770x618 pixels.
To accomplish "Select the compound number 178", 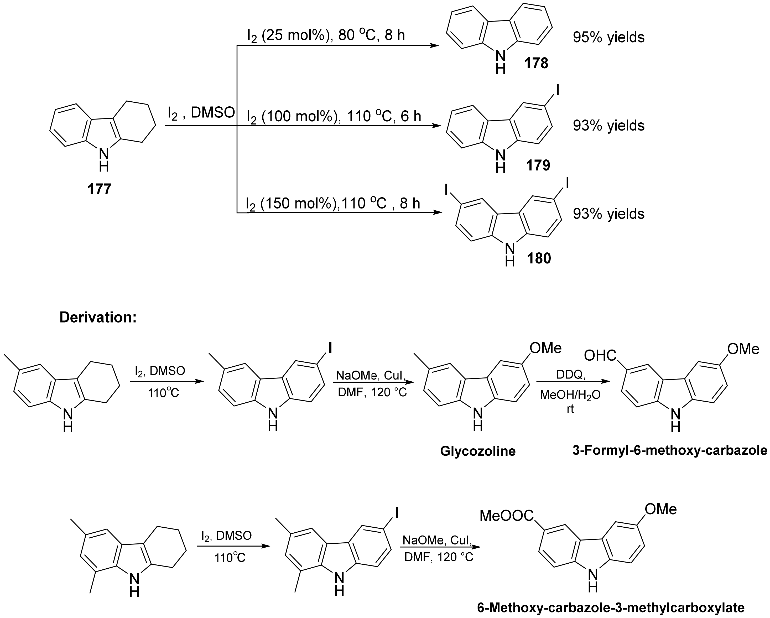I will (x=536, y=64).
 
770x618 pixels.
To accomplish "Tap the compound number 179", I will (x=538, y=165).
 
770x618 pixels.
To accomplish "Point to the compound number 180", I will (x=539, y=258).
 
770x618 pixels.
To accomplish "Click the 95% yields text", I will (x=608, y=37).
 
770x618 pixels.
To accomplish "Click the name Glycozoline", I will (x=478, y=451).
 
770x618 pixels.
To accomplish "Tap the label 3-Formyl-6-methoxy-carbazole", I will (x=670, y=450).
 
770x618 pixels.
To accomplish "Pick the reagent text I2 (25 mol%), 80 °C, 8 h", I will (x=326, y=36).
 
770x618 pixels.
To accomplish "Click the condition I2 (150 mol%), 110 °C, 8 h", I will (x=333, y=203).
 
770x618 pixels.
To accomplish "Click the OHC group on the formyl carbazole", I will (x=600, y=355).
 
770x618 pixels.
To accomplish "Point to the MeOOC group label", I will (x=506, y=516).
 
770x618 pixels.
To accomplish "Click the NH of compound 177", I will (x=103, y=159).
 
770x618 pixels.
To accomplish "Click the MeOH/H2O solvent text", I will (x=570, y=395).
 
